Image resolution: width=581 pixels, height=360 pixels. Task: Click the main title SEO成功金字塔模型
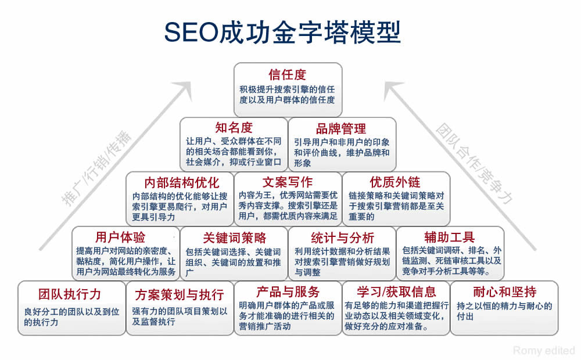(x=282, y=33)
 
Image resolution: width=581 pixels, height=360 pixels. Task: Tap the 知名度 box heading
(x=234, y=128)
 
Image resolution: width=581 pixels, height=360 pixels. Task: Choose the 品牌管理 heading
(x=341, y=128)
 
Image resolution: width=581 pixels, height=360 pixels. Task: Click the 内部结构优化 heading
(x=181, y=182)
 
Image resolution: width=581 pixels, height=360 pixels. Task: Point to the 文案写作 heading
(x=288, y=182)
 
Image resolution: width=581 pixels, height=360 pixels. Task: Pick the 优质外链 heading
(x=395, y=182)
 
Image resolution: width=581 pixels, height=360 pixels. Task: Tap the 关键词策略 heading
(x=234, y=237)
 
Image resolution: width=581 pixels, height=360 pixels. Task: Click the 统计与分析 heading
(x=342, y=237)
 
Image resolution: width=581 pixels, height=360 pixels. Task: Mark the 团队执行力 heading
(x=70, y=292)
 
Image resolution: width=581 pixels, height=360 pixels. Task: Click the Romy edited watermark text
(x=544, y=350)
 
